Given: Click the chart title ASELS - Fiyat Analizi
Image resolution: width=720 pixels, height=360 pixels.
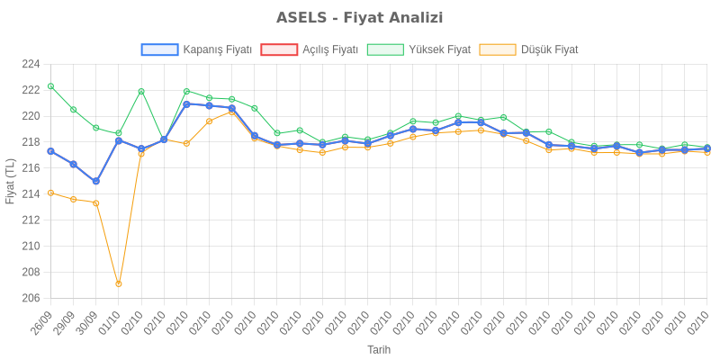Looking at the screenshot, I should pyautogui.click(x=359, y=18).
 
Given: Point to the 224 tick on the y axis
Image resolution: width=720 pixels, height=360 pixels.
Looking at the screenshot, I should pyautogui.click(x=31, y=64).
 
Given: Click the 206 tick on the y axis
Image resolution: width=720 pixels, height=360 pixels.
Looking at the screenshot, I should pyautogui.click(x=31, y=298).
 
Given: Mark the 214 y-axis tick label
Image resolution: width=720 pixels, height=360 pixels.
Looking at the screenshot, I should pyautogui.click(x=31, y=193).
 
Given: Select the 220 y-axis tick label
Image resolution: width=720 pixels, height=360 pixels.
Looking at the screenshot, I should pyautogui.click(x=31, y=116).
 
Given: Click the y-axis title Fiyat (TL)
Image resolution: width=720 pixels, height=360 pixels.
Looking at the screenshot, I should pyautogui.click(x=11, y=181).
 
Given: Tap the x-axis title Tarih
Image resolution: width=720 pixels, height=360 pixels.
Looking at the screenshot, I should pyautogui.click(x=379, y=349).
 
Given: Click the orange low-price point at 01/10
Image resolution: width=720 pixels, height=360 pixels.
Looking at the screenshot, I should pyautogui.click(x=119, y=283).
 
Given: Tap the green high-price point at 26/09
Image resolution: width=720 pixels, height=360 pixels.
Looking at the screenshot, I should pyautogui.click(x=50, y=86).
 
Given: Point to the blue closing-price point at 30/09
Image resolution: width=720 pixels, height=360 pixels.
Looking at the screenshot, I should pyautogui.click(x=95, y=181).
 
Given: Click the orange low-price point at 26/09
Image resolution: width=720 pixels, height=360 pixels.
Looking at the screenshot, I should pyautogui.click(x=50, y=193).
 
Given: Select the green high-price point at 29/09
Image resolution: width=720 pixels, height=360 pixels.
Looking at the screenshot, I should pyautogui.click(x=73, y=110).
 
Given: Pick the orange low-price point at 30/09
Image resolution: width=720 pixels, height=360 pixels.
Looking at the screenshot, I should pyautogui.click(x=95, y=202).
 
